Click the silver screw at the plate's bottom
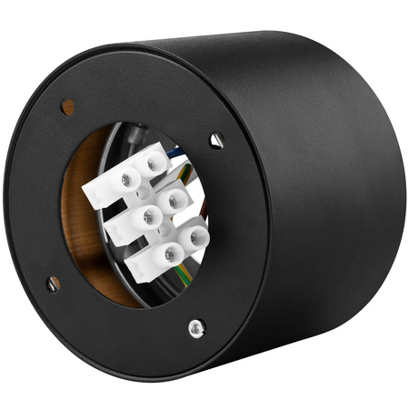click(x=195, y=326)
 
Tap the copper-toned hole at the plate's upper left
click(x=67, y=106)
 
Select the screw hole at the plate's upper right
click(x=216, y=139)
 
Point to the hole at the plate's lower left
click(x=54, y=284)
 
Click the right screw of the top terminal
click(x=156, y=162)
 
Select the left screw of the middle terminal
click(x=145, y=216)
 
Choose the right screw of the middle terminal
click(x=176, y=198)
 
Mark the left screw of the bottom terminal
click(x=166, y=254)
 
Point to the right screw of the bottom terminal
click(x=195, y=238)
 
